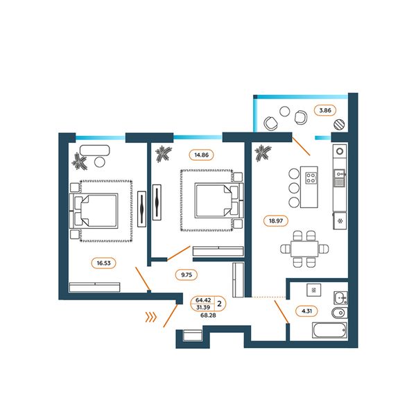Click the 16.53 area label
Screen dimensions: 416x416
tap(103, 263)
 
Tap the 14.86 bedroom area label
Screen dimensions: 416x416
tap(201, 155)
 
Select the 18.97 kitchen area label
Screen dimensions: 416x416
tap(276, 220)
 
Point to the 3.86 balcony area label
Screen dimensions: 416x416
tap(325, 110)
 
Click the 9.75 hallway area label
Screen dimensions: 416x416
tap(187, 275)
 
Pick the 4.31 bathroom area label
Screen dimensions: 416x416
tap(306, 311)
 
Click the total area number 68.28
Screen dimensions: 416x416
tap(208, 315)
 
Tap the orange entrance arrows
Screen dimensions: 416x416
tap(151, 317)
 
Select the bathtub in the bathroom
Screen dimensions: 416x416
tap(329, 330)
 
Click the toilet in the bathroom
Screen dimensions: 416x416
tap(339, 313)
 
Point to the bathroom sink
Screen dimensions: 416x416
tap(340, 297)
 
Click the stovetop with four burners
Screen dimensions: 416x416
tap(311, 178)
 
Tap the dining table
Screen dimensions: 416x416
tap(304, 249)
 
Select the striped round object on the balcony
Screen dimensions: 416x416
tap(339, 124)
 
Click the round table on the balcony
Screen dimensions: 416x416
tap(285, 111)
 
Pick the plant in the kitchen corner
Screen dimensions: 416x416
tap(263, 153)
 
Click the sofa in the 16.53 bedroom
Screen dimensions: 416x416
tap(94, 150)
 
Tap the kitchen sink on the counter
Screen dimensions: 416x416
tap(339, 177)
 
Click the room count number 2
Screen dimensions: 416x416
tap(219, 304)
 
